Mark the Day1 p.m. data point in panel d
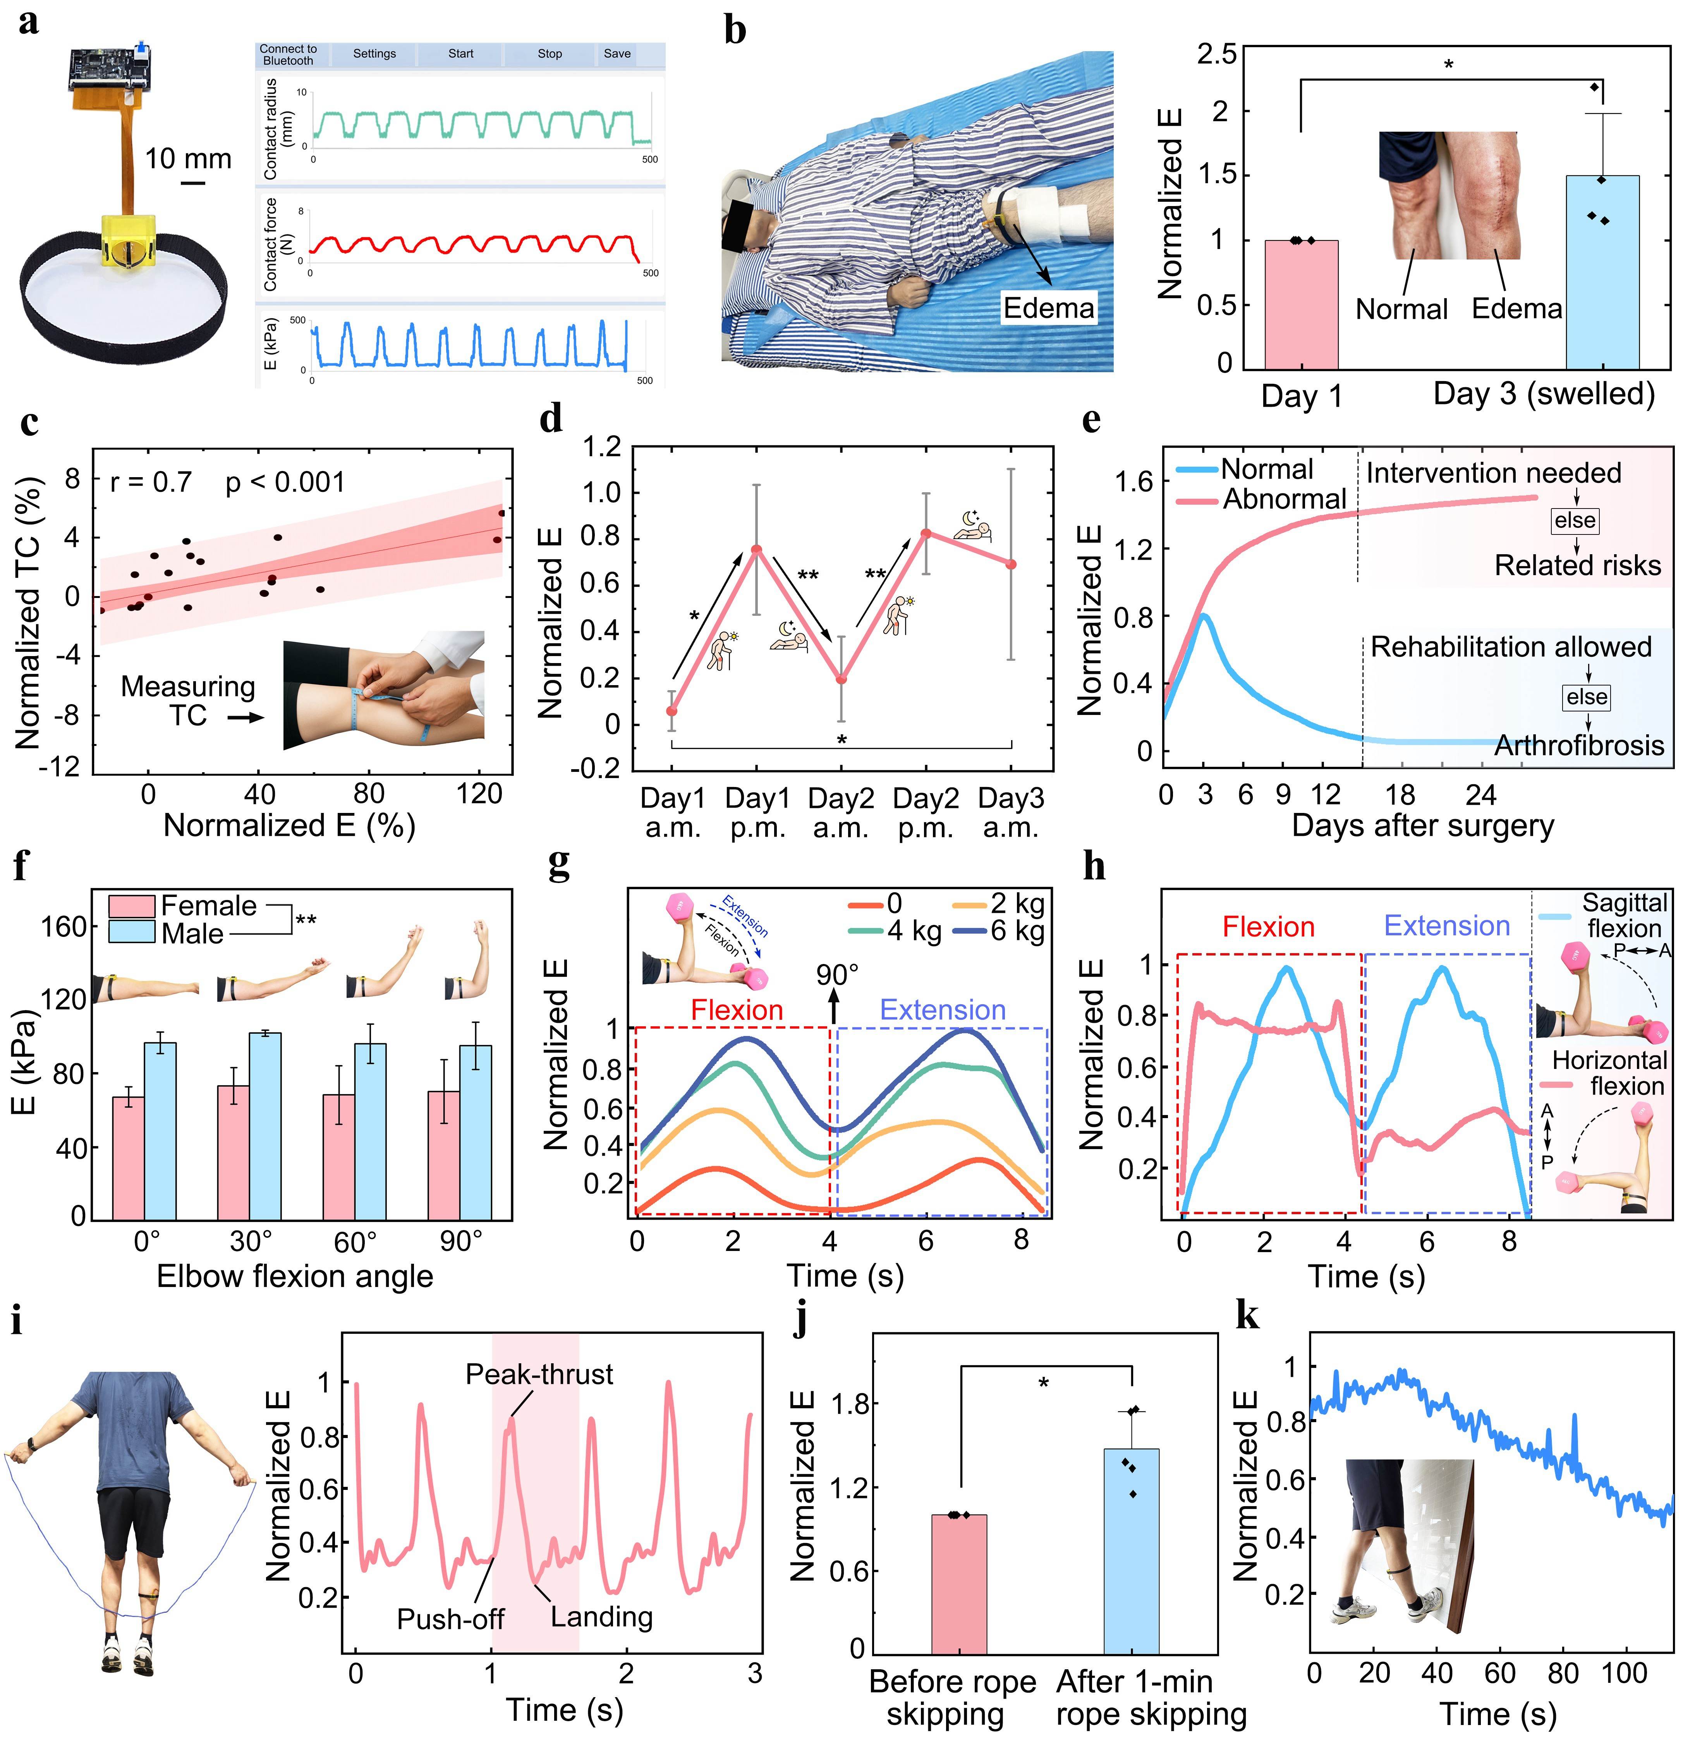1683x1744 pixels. [756, 549]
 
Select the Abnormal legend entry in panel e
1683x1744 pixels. [1284, 499]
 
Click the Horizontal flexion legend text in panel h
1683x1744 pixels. [1609, 1073]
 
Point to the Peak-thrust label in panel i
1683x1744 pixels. [539, 1375]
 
